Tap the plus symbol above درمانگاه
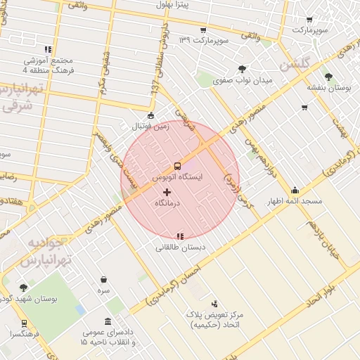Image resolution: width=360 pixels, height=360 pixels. [167, 191]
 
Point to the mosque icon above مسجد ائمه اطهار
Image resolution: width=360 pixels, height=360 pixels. [295, 190]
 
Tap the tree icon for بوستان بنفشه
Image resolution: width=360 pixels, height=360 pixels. [328, 77]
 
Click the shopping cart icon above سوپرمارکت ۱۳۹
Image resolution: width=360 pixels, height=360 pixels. [202, 30]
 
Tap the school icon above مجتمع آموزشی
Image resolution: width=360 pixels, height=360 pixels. [48, 49]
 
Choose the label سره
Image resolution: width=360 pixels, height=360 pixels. [104, 290]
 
